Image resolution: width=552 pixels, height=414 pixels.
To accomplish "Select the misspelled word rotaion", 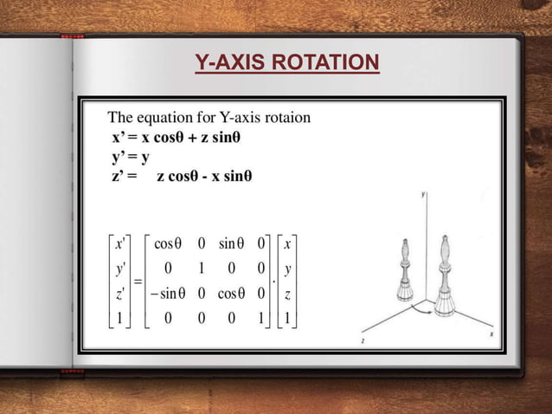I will click(x=289, y=117).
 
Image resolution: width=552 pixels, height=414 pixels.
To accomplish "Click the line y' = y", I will click(x=131, y=157).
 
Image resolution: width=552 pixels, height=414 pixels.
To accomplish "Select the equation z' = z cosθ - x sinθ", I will click(x=182, y=177).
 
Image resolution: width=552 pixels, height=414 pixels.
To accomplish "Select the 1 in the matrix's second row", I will click(x=201, y=268).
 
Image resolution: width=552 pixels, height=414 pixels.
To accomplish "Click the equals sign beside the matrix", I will click(x=136, y=281).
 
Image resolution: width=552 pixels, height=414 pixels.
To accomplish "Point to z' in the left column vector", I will click(x=119, y=294).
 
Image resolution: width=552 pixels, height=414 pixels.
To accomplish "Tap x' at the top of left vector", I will click(x=119, y=244).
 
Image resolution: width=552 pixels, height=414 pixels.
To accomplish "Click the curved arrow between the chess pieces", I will click(x=421, y=308).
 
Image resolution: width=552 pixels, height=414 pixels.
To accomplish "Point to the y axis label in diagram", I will click(x=423, y=197).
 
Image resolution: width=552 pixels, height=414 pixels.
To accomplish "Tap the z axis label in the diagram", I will click(x=362, y=343).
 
